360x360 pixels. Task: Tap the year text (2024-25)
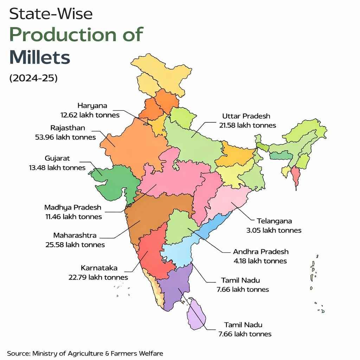[33, 78]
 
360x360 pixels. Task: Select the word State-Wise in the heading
[51, 14]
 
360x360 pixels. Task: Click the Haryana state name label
[92, 105]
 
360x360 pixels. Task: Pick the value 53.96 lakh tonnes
[65, 137]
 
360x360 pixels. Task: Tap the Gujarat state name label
[57, 158]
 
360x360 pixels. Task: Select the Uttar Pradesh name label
[246, 116]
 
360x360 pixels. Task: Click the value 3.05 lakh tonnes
[274, 230]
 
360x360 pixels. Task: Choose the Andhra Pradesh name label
[261, 252]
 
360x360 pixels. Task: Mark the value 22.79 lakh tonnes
[98, 277]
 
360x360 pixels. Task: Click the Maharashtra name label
[75, 235]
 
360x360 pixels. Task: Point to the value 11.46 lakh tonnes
[73, 217]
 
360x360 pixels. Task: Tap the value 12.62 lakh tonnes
[90, 115]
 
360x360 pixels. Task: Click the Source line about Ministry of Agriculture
[85, 353]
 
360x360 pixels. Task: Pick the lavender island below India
[197, 315]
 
